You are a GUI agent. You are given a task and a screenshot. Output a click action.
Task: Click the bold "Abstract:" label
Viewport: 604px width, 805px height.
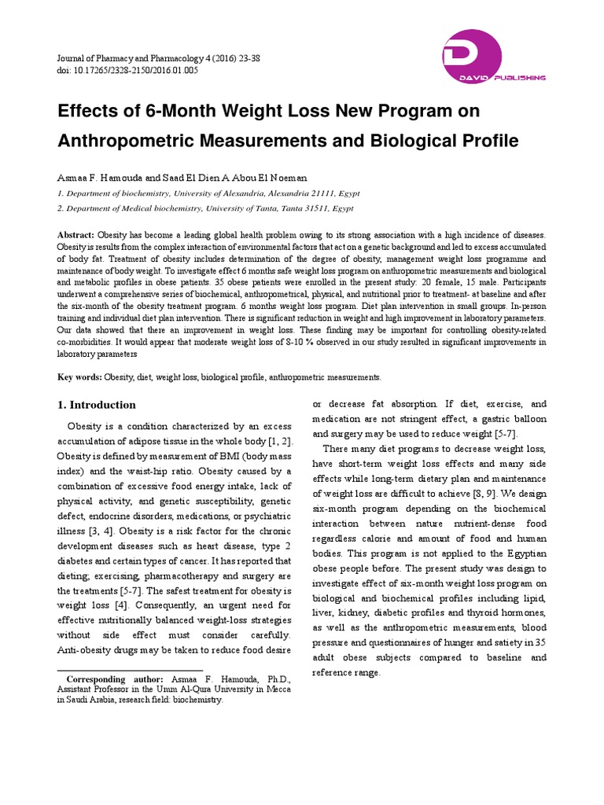pyautogui.click(x=76, y=235)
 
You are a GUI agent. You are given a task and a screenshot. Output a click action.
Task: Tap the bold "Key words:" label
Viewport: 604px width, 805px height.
pyautogui.click(x=80, y=377)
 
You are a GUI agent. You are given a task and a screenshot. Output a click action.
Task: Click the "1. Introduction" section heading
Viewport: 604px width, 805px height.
pyautogui.click(x=97, y=405)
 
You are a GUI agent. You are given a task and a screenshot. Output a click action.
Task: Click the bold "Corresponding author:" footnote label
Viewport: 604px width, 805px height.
pyautogui.click(x=115, y=679)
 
